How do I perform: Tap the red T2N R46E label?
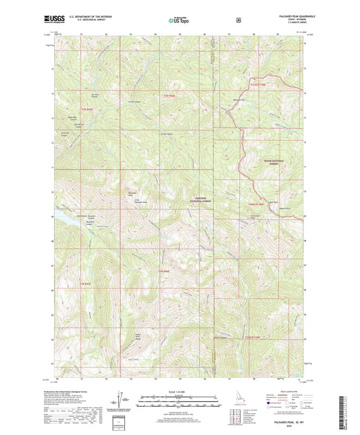click(171, 98)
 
